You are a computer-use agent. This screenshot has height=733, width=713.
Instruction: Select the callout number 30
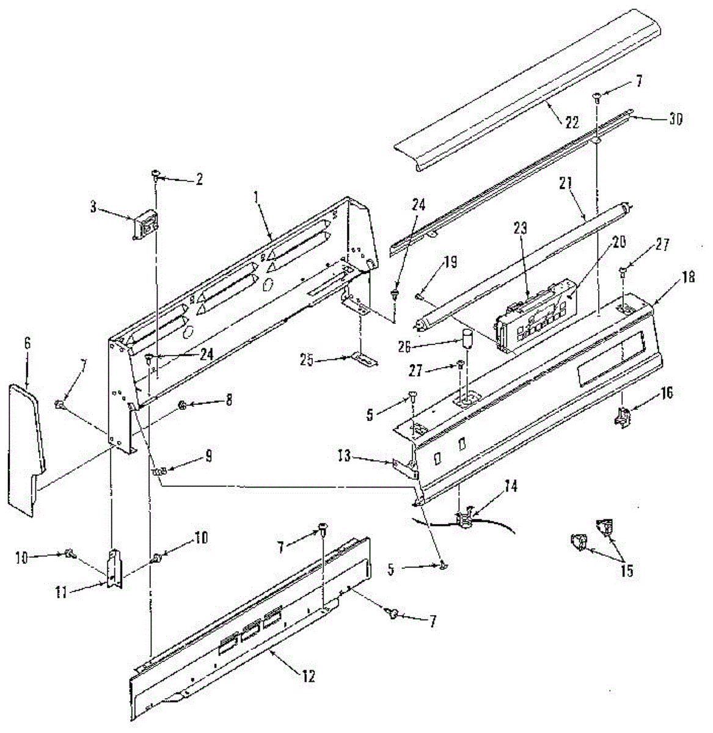tap(675, 119)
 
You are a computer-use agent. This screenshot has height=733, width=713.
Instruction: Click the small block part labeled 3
tap(145, 228)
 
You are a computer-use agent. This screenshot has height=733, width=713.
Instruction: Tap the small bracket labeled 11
tap(114, 569)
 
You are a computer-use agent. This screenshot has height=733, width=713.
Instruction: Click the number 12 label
tap(309, 676)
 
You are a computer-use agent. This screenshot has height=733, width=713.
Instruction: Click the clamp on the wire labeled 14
tap(467, 519)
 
